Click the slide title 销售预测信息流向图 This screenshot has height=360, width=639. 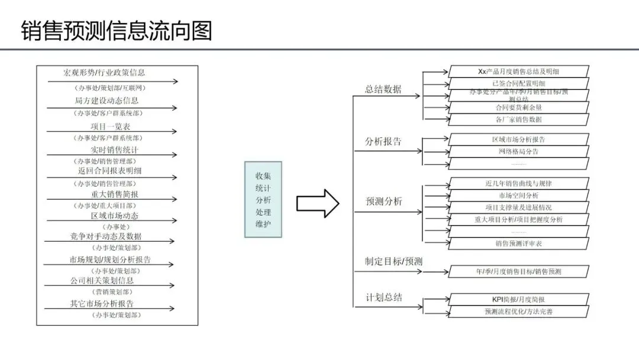click(117, 30)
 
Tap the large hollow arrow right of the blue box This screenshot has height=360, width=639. click(318, 203)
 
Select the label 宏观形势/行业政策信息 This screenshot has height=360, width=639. click(104, 73)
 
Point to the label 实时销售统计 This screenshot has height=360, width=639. click(115, 150)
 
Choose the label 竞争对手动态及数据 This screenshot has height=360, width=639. click(106, 236)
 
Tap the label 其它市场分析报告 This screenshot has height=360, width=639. click(102, 304)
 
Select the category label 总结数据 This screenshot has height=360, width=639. click(383, 89)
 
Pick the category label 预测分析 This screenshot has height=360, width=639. click(384, 201)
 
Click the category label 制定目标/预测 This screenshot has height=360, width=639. click(393, 262)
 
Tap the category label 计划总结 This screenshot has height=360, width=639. click(384, 297)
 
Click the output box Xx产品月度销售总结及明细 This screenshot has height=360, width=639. click(518, 71)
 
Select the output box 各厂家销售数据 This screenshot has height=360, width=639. click(518, 119)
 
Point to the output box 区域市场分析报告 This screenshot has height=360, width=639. click(518, 140)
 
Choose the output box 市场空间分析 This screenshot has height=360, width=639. click(518, 195)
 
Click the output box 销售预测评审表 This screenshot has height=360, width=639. click(518, 243)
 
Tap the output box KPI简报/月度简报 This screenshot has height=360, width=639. click(518, 300)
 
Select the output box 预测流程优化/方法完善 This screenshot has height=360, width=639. click(518, 311)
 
